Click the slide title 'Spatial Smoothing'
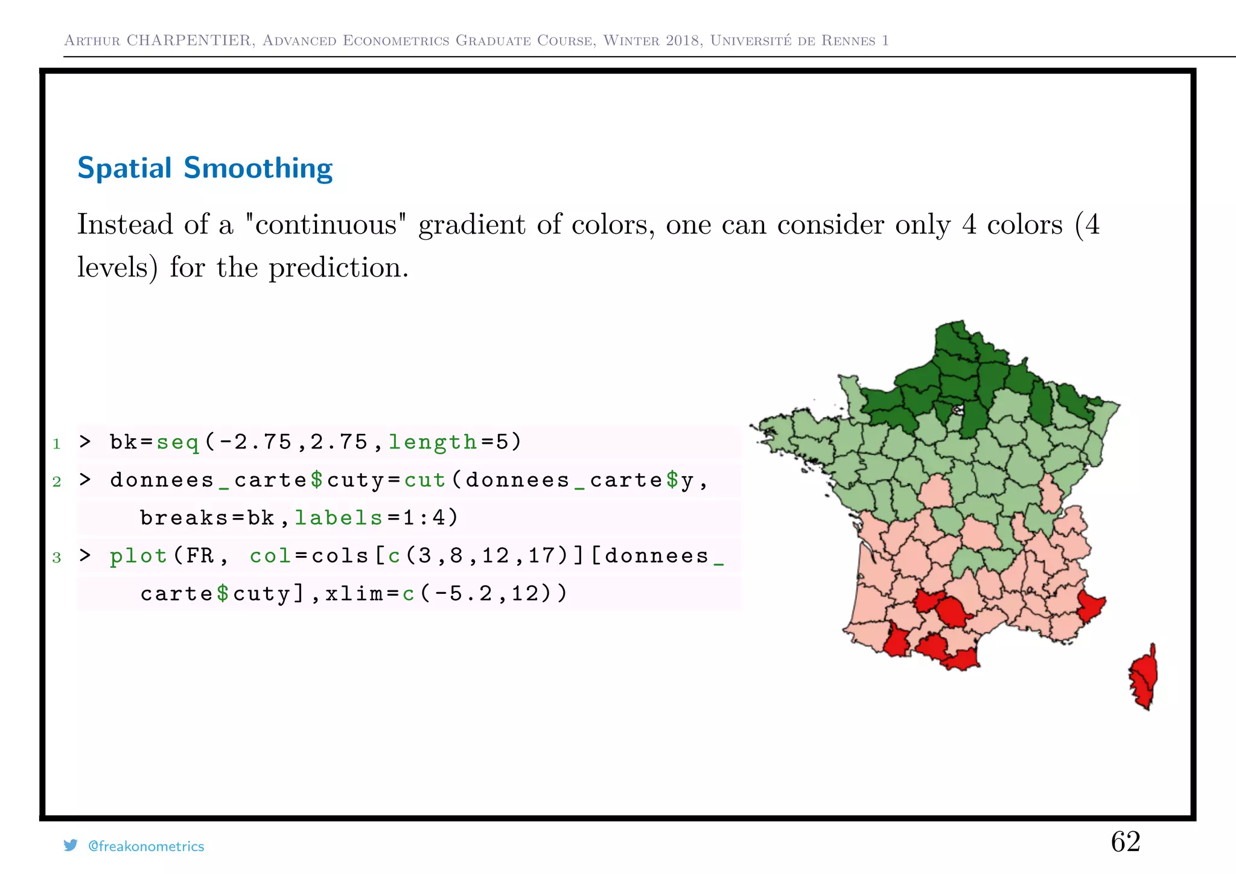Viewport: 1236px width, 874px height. click(x=205, y=168)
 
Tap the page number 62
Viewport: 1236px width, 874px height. click(x=1126, y=841)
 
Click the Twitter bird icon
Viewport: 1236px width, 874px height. click(x=71, y=846)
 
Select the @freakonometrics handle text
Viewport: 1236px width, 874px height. click(x=146, y=846)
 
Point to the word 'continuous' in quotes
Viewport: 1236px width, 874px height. click(x=326, y=225)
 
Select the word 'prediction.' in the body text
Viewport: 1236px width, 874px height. click(x=339, y=267)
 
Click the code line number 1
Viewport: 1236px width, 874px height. click(x=57, y=444)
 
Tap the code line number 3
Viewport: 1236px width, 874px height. click(x=57, y=557)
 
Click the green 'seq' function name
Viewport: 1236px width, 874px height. click(x=177, y=442)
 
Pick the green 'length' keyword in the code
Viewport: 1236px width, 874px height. click(x=433, y=442)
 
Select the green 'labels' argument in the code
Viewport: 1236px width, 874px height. click(x=339, y=518)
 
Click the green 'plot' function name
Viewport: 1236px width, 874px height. click(x=138, y=556)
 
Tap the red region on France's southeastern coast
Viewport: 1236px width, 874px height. click(x=1090, y=605)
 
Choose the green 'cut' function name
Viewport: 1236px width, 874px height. click(x=425, y=480)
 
